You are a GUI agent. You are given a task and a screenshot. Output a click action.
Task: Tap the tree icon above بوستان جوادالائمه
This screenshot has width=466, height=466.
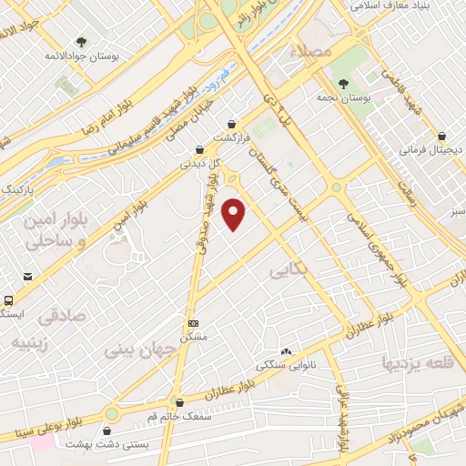coord(83,42)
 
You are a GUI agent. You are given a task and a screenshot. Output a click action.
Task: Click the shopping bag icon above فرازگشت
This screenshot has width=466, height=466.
coord(233,123)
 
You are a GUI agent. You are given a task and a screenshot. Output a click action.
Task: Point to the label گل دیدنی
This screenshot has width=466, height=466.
coord(198,165)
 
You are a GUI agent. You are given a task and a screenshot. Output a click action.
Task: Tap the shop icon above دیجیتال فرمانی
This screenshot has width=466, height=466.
coord(441,133)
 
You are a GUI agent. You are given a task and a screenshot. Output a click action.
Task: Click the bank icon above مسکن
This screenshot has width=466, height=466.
coord(192,323)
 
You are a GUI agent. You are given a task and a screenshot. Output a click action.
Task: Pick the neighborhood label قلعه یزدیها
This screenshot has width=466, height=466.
coord(413,365)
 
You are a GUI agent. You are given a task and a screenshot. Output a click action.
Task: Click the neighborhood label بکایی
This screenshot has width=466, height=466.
coord(290,270)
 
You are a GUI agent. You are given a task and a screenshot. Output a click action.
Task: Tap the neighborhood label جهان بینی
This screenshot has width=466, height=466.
coord(137,349)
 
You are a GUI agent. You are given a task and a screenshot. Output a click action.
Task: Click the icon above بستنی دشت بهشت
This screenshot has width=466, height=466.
coord(110,431)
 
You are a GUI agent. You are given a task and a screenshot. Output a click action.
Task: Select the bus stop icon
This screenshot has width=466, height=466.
coord(8,299)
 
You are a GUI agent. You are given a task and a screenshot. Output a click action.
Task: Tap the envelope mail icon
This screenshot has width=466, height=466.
coord(29,277)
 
